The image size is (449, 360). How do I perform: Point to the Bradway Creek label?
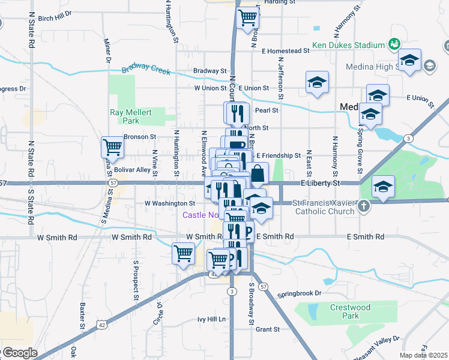[146, 70]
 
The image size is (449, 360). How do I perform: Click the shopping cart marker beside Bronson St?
[112, 146]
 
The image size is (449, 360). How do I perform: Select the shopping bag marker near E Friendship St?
[258, 173]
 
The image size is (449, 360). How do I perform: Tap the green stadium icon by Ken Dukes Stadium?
[394, 44]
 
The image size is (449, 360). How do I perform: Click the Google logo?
[19, 353]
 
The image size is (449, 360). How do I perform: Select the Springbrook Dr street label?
[300, 295]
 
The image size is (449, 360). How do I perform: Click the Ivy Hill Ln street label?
[211, 319]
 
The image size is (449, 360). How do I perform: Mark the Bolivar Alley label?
[132, 170]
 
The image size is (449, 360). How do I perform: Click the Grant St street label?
[268, 329]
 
